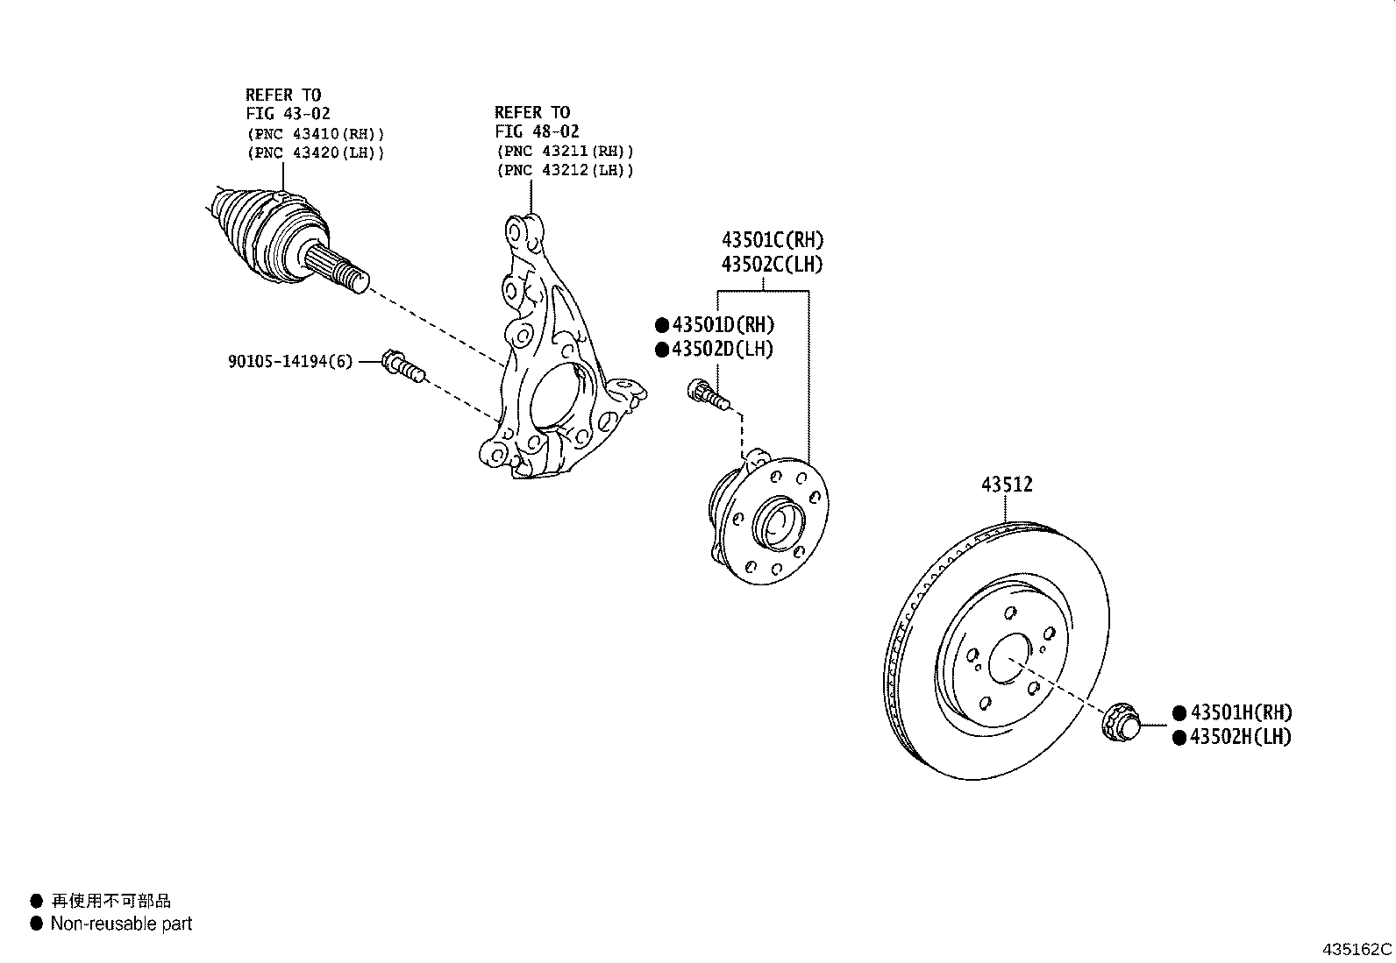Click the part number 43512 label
[x=1007, y=485]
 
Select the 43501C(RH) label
[x=773, y=240]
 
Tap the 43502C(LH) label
[x=773, y=264]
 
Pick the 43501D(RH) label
[x=723, y=325]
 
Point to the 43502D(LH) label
[x=723, y=350]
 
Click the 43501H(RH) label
[x=1240, y=713]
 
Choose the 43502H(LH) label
[x=1240, y=737]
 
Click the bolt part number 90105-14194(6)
[x=290, y=361]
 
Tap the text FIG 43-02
[x=288, y=114]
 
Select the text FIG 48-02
[x=537, y=131]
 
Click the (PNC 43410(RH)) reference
[x=315, y=134]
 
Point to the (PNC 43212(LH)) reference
[x=564, y=170]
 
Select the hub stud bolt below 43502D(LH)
[x=708, y=393]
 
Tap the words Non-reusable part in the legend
[x=121, y=924]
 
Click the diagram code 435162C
[x=1357, y=949]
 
